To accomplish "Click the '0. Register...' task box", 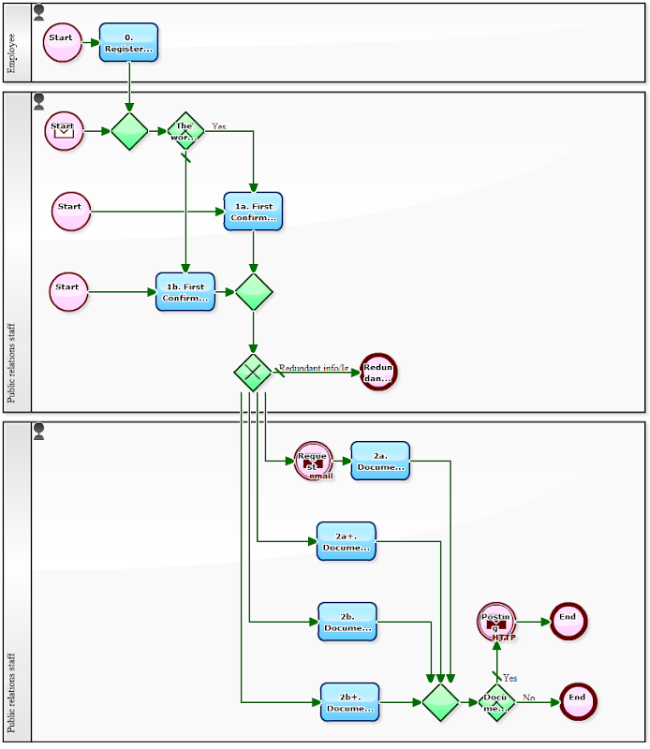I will pyautogui.click(x=129, y=43).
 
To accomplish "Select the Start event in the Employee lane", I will pyautogui.click(x=63, y=43).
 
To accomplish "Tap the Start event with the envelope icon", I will pyautogui.click(x=64, y=130).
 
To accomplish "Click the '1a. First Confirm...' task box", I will pyautogui.click(x=253, y=212).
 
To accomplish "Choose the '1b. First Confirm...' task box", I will pyautogui.click(x=185, y=292).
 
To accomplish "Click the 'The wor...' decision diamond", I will pyautogui.click(x=185, y=131).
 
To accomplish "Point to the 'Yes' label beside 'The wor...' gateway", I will pyautogui.click(x=218, y=125).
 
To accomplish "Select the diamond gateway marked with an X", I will pyautogui.click(x=252, y=372).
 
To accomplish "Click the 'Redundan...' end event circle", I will pyautogui.click(x=378, y=372).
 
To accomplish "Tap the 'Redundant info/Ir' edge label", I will pyautogui.click(x=314, y=368).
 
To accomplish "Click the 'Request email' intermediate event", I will pyautogui.click(x=313, y=461).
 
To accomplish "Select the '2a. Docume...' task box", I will pyautogui.click(x=380, y=461).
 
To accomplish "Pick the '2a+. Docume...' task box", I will pyautogui.click(x=346, y=541).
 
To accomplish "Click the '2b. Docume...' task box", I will pyautogui.click(x=347, y=622).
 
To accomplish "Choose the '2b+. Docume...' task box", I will pyautogui.click(x=349, y=702).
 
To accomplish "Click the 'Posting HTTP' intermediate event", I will pyautogui.click(x=496, y=622).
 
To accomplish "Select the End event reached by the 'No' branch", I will pyautogui.click(x=578, y=701).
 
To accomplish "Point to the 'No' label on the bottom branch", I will pyautogui.click(x=528, y=698).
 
